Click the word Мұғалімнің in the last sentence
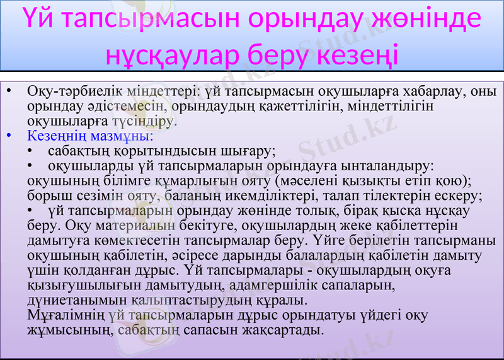66,314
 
